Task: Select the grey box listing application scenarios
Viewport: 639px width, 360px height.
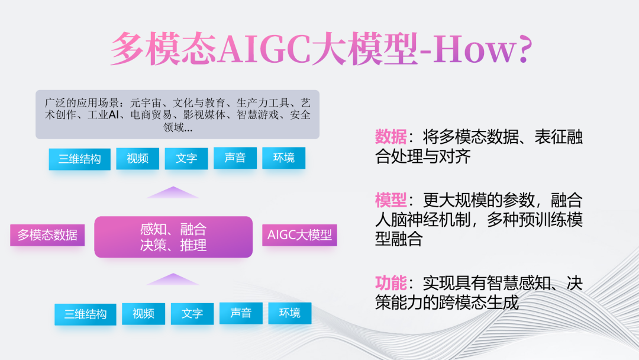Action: (177, 114)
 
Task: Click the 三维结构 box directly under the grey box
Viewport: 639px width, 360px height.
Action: (79, 159)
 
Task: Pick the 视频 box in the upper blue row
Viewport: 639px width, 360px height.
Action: (137, 158)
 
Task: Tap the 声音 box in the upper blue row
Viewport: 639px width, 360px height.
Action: (235, 157)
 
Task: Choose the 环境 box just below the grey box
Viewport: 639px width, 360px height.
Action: (283, 157)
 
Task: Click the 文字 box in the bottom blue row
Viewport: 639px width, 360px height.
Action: (192, 314)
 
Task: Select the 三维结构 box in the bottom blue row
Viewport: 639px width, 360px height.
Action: (85, 314)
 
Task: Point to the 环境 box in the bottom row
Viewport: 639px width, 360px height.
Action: (290, 313)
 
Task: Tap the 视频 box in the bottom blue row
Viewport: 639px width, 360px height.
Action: (143, 314)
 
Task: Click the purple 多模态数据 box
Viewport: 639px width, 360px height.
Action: (47, 235)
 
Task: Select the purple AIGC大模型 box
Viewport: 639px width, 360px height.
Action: (299, 235)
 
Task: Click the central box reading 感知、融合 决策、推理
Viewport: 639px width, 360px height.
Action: (173, 237)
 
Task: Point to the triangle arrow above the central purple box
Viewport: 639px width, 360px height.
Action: (173, 192)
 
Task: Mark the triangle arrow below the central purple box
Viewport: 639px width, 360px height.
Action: (173, 279)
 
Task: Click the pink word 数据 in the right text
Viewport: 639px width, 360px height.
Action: (390, 137)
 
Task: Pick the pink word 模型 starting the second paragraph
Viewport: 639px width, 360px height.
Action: (390, 200)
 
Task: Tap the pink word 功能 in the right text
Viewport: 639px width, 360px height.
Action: (390, 283)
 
